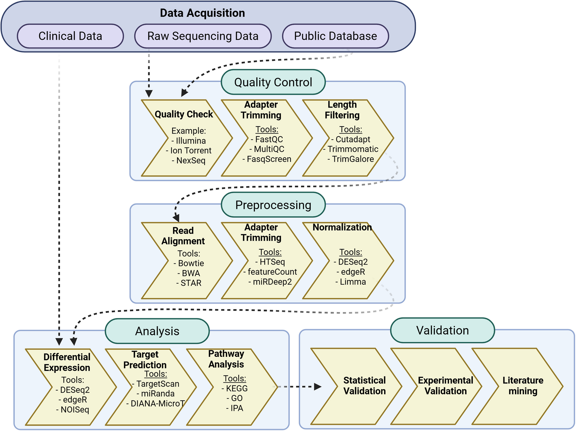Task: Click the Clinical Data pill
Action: coord(70,36)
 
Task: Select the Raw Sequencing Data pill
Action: coord(203,36)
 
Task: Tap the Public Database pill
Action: coord(335,36)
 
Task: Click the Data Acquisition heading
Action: coord(202,13)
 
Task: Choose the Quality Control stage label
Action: coord(273,82)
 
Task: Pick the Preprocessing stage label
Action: coord(273,205)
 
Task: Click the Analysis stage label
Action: coord(157,331)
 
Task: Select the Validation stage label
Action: coord(442,330)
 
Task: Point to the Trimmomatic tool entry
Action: coord(351,149)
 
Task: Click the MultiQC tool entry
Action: coord(267,149)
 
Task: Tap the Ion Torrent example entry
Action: coord(189,150)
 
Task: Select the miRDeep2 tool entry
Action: coord(270,282)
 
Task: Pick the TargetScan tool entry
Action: coord(156,384)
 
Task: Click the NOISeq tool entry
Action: coord(73,409)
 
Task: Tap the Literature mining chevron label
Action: coord(523,385)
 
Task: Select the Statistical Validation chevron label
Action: coord(365,385)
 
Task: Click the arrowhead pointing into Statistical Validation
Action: coord(318,387)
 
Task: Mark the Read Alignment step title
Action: coord(183,236)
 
